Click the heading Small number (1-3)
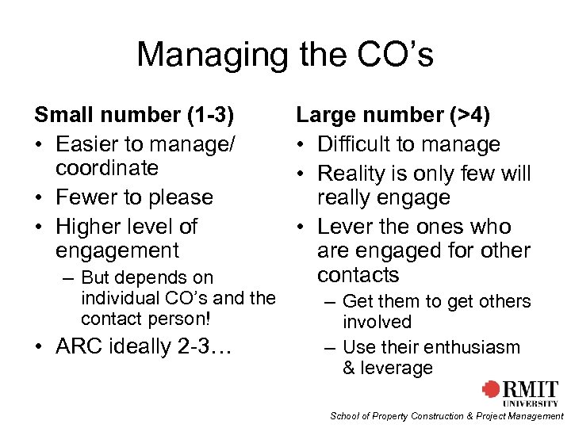(134, 115)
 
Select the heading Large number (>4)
(393, 116)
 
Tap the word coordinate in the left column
(107, 168)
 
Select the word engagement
(118, 251)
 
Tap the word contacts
(358, 275)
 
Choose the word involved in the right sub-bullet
(377, 322)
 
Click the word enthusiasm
(473, 347)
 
